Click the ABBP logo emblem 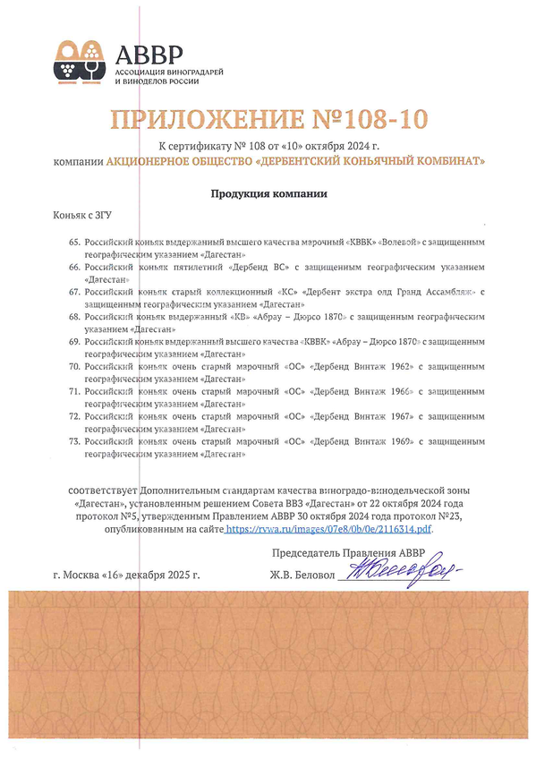(79, 61)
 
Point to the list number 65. (74, 243)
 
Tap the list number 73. (74, 441)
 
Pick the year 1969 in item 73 (396, 441)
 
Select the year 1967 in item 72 (396, 416)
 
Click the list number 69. (74, 342)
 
